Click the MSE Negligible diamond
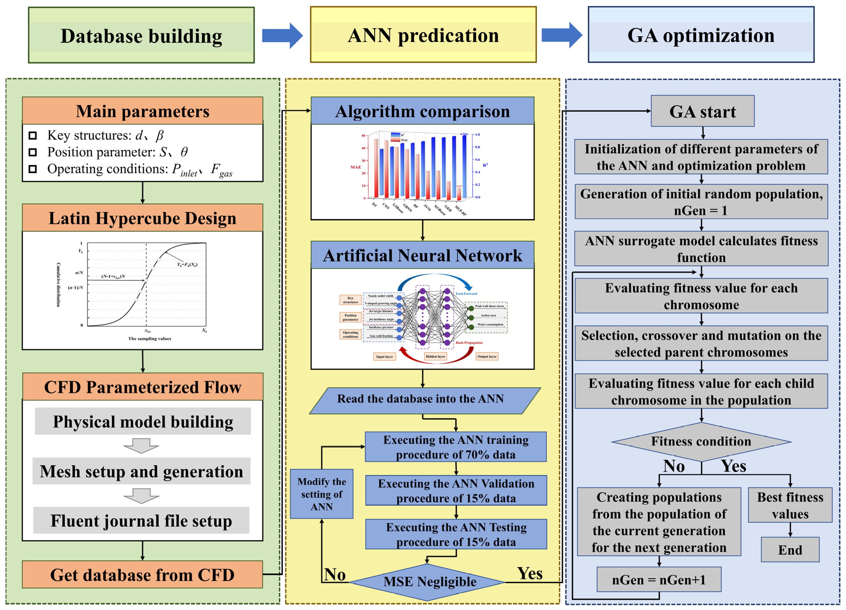tap(427, 582)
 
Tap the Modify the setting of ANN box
tap(322, 494)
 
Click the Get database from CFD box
tap(142, 575)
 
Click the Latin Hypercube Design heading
tap(142, 218)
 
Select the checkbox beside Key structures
tap(33, 135)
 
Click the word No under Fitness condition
tap(674, 466)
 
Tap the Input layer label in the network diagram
tap(384, 356)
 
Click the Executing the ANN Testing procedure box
tap(456, 534)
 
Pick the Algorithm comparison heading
tap(422, 111)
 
